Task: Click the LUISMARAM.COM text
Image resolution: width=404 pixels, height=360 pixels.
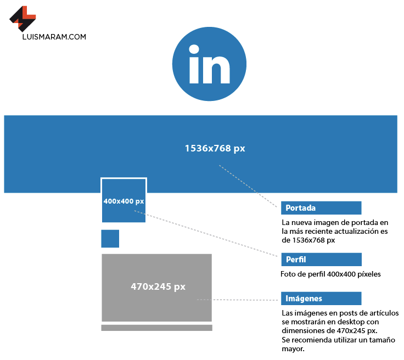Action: pyautogui.click(x=55, y=37)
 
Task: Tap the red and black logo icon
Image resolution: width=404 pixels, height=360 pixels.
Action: pyautogui.click(x=23, y=18)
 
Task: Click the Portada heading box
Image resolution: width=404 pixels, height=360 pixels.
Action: pyautogui.click(x=321, y=208)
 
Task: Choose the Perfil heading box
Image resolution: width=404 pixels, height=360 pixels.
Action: pyautogui.click(x=321, y=259)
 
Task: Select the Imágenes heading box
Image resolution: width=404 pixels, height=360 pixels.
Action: pyautogui.click(x=321, y=299)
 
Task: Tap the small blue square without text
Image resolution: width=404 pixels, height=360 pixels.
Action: pyautogui.click(x=110, y=239)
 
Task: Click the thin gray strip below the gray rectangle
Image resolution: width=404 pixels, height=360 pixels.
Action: pyautogui.click(x=156, y=328)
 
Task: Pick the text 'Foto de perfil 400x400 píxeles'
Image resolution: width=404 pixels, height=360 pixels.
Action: pyautogui.click(x=331, y=274)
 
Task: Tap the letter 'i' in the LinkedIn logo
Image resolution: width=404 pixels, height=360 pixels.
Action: pyautogui.click(x=194, y=65)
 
